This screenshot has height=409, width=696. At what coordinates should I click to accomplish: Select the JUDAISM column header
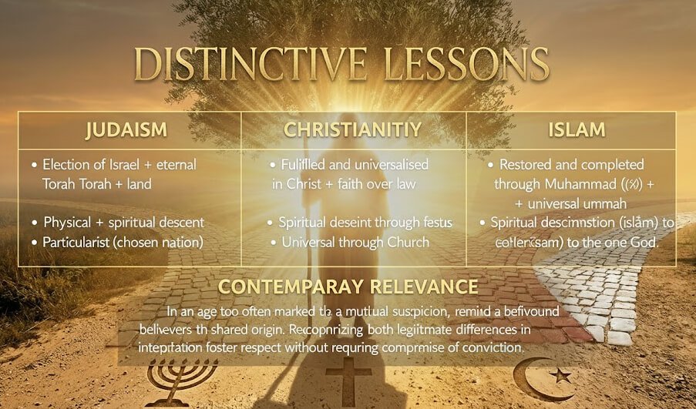click(x=127, y=129)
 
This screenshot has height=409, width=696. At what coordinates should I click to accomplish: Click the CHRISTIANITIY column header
click(x=353, y=129)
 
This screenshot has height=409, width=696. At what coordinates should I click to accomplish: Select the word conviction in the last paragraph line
click(x=490, y=347)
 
